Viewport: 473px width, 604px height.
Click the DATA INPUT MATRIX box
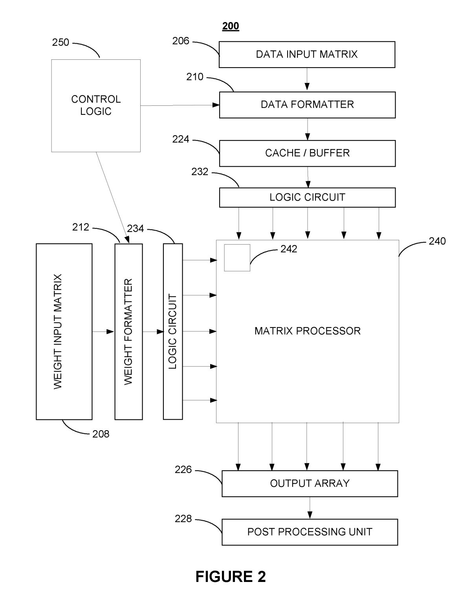pos(307,54)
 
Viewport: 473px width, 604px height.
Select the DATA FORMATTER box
pos(307,105)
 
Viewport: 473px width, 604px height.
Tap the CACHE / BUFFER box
pos(307,153)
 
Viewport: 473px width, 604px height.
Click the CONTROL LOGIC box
pos(96,105)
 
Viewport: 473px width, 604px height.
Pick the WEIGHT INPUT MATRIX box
pos(64,331)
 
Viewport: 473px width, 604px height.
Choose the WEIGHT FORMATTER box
pos(128,331)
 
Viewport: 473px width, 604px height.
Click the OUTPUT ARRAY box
pos(310,483)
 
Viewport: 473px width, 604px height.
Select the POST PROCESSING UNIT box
pos(310,532)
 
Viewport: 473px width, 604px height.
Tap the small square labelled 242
pos(237,258)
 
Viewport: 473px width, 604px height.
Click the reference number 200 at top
pos(231,26)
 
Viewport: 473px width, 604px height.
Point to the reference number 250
pos(60,42)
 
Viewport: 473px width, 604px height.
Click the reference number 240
pos(437,241)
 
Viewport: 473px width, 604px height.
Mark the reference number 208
pos(101,434)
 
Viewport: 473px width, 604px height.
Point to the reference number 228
pos(183,519)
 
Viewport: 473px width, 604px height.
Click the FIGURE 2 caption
pos(231,576)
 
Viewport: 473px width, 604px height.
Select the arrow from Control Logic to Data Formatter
pos(180,105)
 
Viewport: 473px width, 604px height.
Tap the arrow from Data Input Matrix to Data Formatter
pos(307,80)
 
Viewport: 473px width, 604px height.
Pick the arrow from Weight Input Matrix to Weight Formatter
pos(103,332)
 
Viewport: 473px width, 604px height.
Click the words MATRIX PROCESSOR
pos(307,331)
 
